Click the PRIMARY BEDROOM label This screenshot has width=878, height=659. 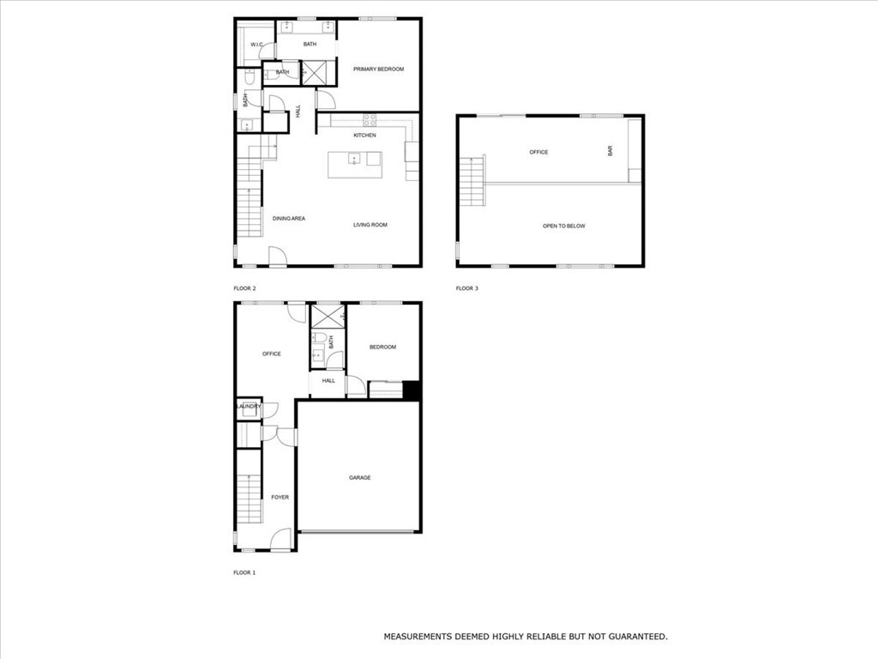(x=378, y=70)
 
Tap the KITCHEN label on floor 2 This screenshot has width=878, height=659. (x=364, y=136)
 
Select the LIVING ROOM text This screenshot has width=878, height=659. (x=370, y=225)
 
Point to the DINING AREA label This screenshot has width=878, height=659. (x=289, y=219)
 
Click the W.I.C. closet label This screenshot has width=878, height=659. (x=256, y=45)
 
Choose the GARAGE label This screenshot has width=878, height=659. (x=359, y=478)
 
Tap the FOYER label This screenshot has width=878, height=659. (x=280, y=497)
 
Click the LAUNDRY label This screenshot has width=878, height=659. (x=249, y=407)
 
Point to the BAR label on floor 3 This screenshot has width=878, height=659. (x=610, y=150)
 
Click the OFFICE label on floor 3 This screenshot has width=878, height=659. (x=538, y=153)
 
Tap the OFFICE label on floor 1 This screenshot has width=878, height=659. (x=271, y=354)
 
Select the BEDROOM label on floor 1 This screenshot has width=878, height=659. (x=382, y=347)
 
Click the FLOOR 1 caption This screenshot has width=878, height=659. (x=244, y=572)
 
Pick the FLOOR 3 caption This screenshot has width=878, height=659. (x=466, y=288)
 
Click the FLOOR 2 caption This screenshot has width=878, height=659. (x=244, y=288)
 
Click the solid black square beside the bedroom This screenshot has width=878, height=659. (x=411, y=390)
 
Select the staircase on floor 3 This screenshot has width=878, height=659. (x=473, y=181)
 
